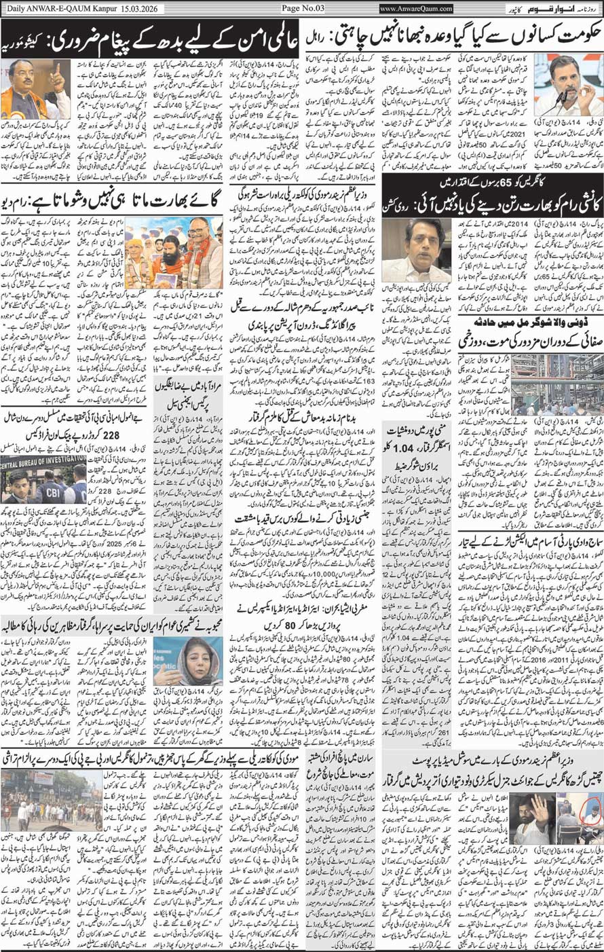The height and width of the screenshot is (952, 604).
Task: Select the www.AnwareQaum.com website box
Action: coord(416,8)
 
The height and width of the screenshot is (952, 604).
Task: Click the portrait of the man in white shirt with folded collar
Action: coord(415,249)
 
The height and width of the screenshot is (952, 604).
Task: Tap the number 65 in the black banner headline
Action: coord(507,182)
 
